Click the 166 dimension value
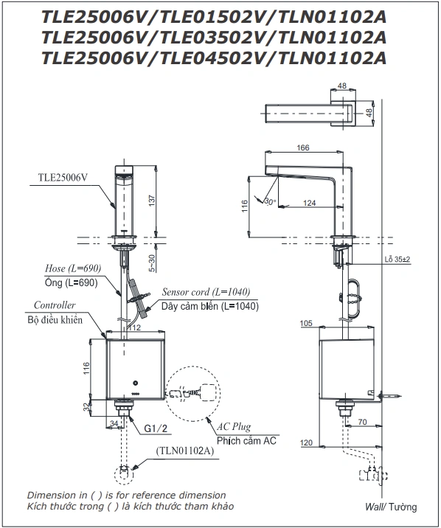(302, 147)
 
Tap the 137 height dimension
(153, 201)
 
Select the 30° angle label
(270, 202)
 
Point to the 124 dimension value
(310, 203)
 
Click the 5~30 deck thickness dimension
(152, 263)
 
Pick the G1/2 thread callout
(156, 428)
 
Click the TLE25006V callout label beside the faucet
(63, 178)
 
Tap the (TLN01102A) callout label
(185, 451)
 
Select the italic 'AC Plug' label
(234, 427)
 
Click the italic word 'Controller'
(55, 305)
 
